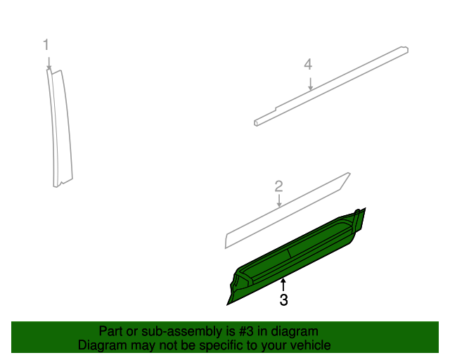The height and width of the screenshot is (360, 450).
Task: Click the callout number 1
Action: [x=46, y=45]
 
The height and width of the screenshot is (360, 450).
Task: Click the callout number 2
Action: [x=278, y=186]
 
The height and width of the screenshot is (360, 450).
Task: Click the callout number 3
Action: [x=283, y=300]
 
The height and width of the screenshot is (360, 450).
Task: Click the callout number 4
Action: [x=308, y=65]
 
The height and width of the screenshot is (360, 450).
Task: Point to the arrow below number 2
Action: [x=279, y=202]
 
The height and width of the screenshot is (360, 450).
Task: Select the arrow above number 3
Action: [x=283, y=284]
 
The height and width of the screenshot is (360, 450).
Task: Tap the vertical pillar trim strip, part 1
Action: [x=60, y=127]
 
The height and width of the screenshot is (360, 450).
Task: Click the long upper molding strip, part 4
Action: [x=330, y=85]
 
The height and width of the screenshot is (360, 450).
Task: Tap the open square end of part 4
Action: [x=257, y=122]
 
